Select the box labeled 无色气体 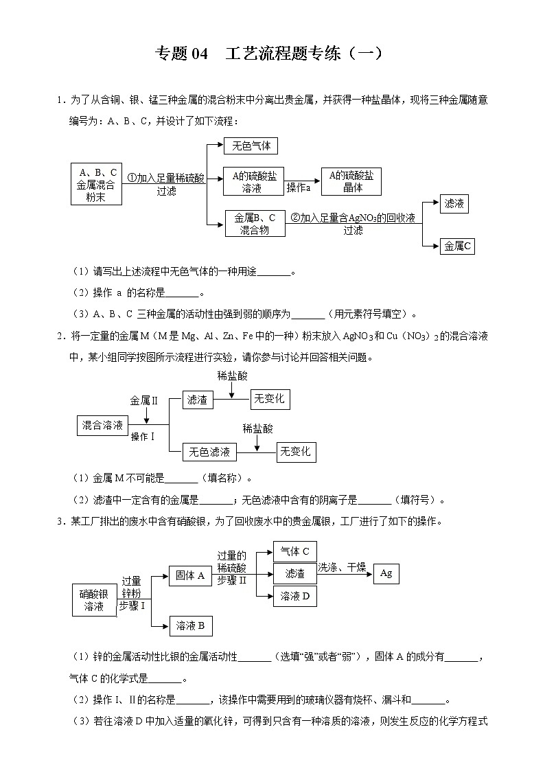click(251, 146)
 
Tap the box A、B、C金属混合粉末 click(97, 184)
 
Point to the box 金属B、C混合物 click(255, 224)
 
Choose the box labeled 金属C click(457, 246)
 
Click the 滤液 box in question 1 click(454, 203)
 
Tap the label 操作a click(299, 187)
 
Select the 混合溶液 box click(102, 426)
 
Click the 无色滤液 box click(209, 452)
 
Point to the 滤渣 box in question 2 click(197, 400)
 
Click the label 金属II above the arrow click(144, 399)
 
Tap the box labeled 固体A click(189, 576)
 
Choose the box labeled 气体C click(294, 551)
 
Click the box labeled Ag click(386, 573)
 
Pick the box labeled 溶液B click(190, 625)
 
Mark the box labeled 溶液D click(294, 596)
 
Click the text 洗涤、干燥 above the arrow click(340, 566)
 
